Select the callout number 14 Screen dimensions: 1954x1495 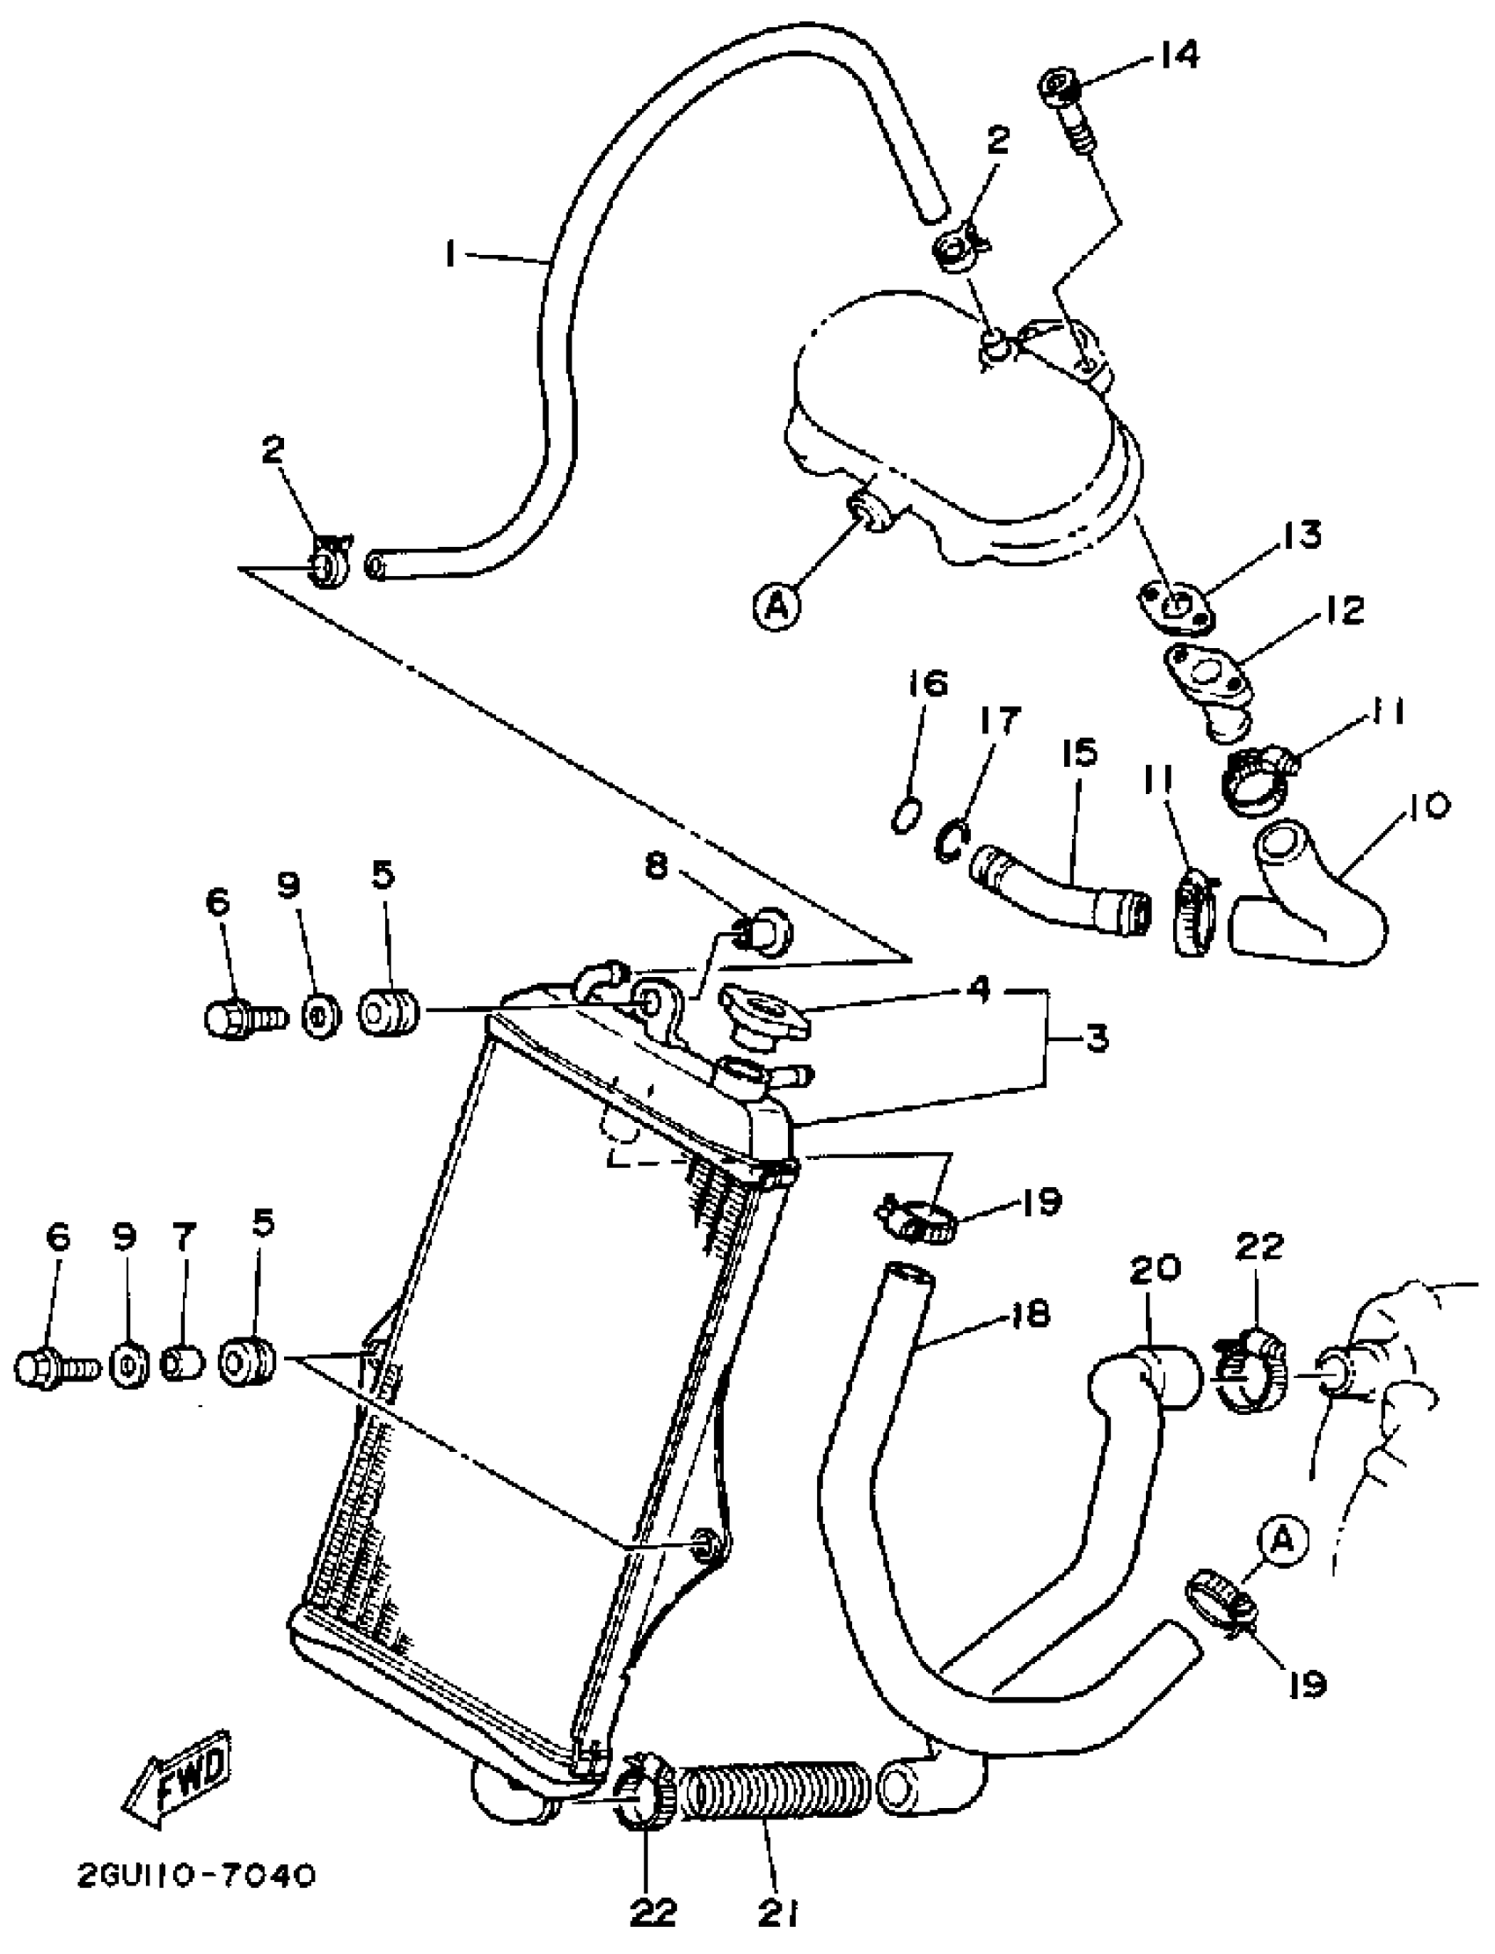1179,55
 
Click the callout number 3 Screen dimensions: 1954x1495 1097,1038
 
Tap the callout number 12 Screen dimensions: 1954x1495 1343,610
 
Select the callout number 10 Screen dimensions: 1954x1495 1430,806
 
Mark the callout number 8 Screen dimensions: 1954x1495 655,866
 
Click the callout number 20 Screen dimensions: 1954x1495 1155,1267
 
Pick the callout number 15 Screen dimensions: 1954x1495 1079,753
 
